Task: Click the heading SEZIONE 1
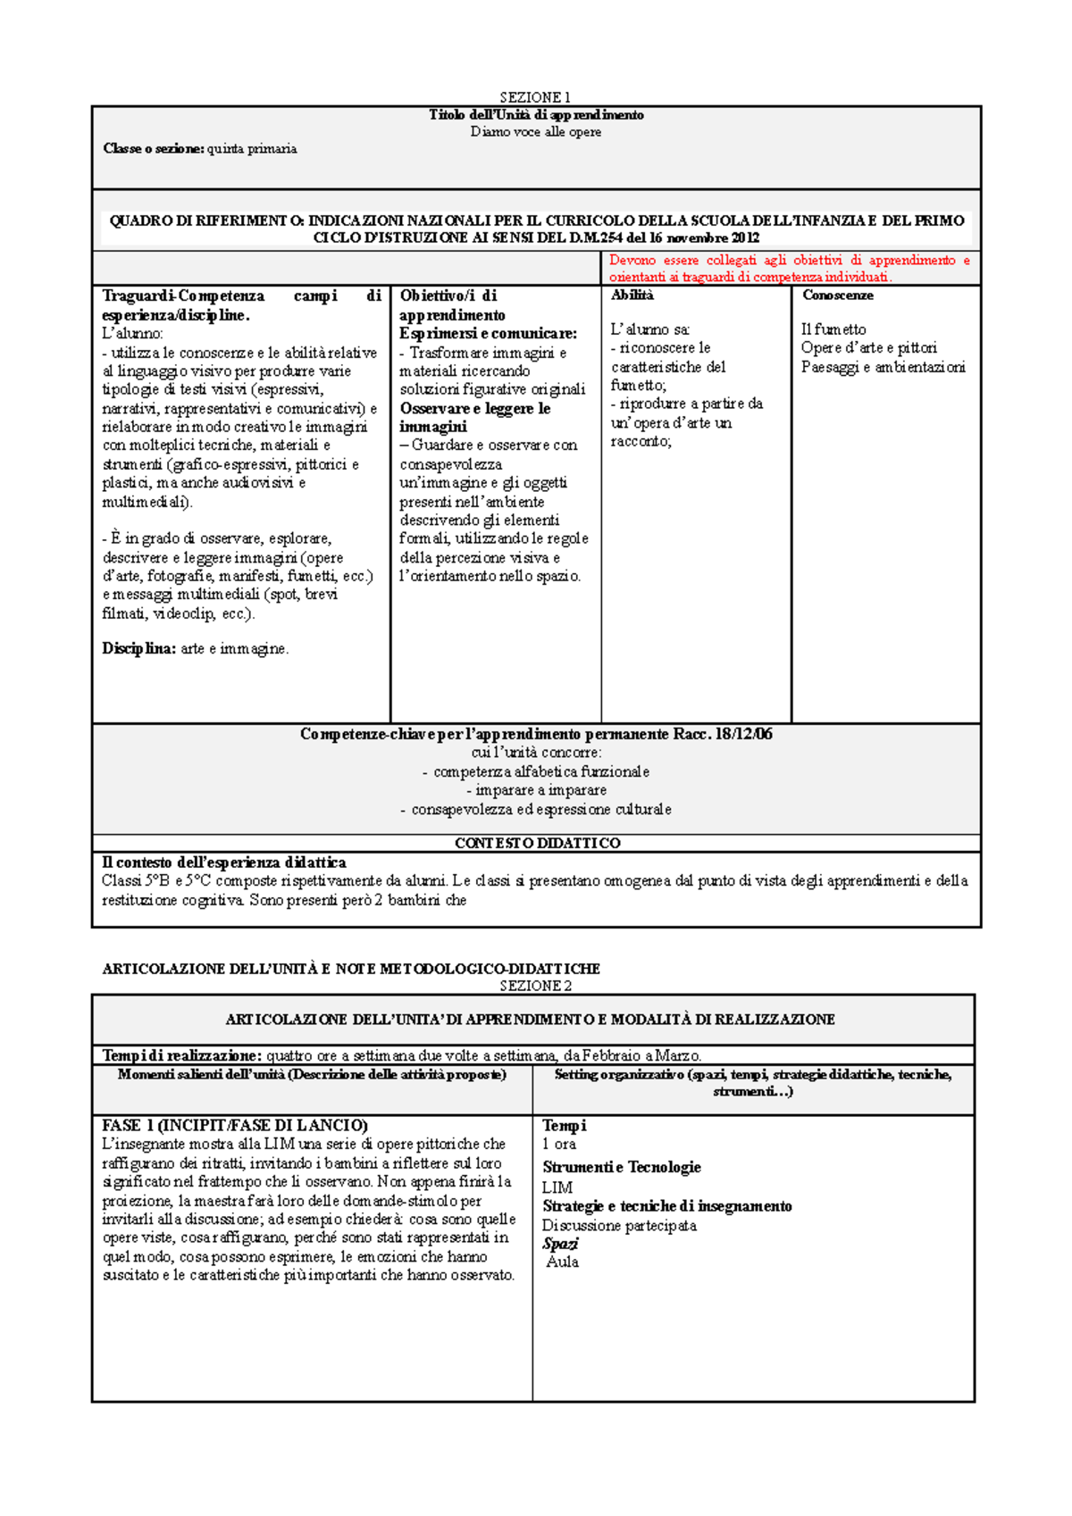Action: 534,97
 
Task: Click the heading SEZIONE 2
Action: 535,986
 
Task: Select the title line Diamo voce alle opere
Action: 536,132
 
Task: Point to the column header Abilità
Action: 632,296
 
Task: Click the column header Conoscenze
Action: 837,296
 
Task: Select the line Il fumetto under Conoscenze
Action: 833,329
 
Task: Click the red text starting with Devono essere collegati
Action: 789,268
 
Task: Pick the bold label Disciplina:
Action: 138,649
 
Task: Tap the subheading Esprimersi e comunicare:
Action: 488,334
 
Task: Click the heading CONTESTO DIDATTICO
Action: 537,843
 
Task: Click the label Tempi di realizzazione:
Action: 182,1055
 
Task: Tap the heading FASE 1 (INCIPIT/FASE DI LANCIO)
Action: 235,1125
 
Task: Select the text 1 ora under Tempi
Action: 558,1144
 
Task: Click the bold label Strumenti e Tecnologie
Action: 621,1167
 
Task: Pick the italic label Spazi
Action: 560,1244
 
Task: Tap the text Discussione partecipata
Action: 619,1225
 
